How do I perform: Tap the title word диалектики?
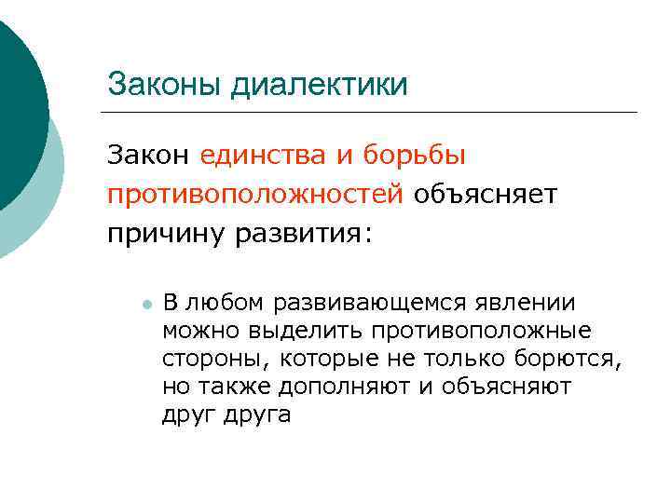tap(319, 85)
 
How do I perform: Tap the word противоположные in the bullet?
tap(481, 331)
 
